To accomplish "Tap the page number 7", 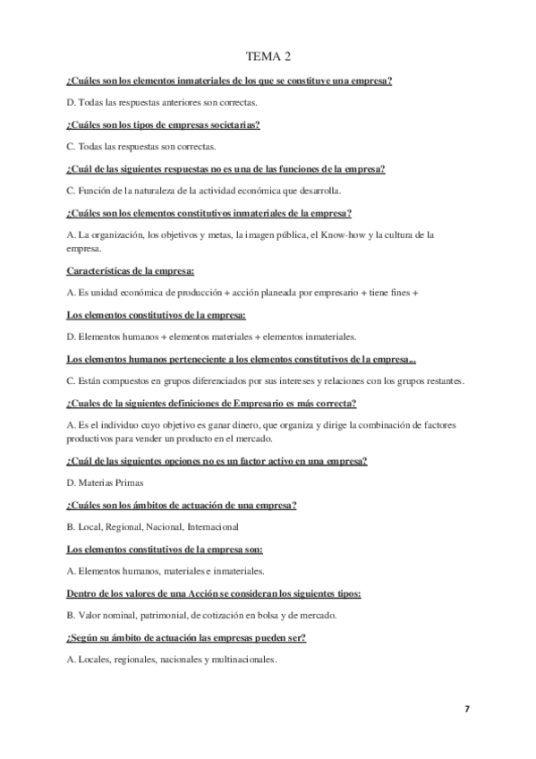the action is [x=466, y=709].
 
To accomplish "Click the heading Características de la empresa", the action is [x=131, y=271].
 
